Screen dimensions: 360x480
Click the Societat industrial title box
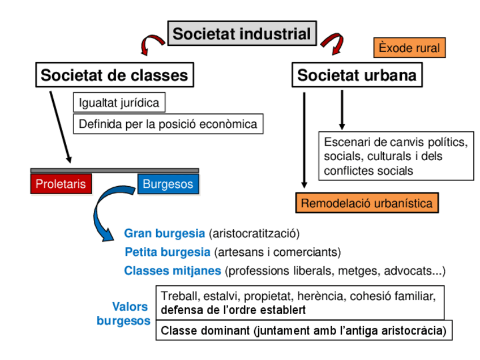click(242, 33)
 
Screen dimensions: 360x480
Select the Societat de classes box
click(114, 75)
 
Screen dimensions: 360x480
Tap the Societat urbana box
click(357, 75)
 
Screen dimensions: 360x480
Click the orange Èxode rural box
click(409, 48)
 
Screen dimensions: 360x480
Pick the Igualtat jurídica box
click(119, 103)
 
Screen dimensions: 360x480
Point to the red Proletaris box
click(61, 184)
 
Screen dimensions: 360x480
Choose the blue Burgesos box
click(168, 184)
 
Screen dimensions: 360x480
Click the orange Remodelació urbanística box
click(367, 203)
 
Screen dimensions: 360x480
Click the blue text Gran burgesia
click(164, 233)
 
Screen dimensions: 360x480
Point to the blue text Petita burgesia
click(168, 252)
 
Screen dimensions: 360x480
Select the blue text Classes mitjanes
click(172, 271)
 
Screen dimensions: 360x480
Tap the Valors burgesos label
click(125, 314)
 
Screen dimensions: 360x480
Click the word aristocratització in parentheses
click(254, 233)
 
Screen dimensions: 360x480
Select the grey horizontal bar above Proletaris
click(114, 170)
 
